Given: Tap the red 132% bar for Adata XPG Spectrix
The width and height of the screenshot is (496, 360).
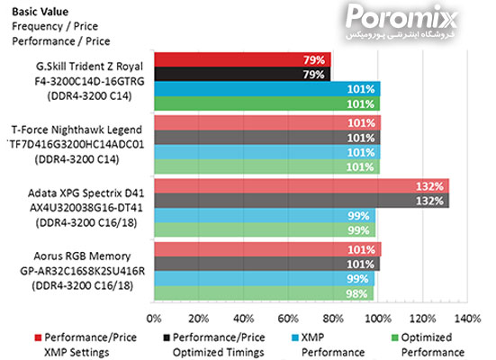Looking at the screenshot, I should click(302, 185).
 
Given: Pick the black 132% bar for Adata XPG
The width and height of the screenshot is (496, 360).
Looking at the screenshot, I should click(302, 200).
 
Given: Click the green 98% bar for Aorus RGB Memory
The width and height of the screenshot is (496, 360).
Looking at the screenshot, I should click(264, 293).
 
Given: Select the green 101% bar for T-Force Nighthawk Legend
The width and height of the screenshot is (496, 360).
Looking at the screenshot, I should click(267, 166).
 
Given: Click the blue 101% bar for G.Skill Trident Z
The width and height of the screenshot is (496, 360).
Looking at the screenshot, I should click(267, 88).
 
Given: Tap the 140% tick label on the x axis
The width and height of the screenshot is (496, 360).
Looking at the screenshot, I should click(467, 318).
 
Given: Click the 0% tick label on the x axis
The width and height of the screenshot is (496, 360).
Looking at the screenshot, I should click(154, 318).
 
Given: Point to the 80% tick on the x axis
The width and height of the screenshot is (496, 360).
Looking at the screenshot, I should click(332, 318).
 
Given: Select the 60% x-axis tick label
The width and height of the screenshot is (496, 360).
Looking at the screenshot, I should click(288, 318).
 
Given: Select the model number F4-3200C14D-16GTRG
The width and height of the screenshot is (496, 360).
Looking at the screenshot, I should click(83, 79).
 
